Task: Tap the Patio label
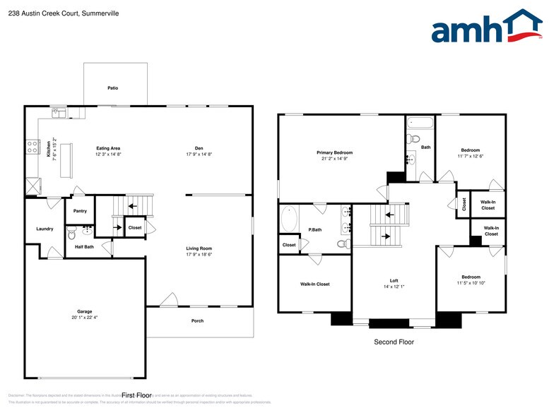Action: click(113, 88)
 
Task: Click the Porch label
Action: click(198, 320)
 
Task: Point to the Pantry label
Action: click(80, 210)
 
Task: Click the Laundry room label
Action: click(45, 229)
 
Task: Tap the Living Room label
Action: click(199, 248)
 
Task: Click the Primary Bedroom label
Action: click(334, 152)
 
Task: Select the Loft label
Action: click(394, 280)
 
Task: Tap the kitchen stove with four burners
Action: click(33, 147)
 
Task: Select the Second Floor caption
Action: click(394, 342)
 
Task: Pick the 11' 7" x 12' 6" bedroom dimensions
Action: click(471, 156)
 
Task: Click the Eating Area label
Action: click(108, 148)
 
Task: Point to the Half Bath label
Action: click(84, 246)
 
